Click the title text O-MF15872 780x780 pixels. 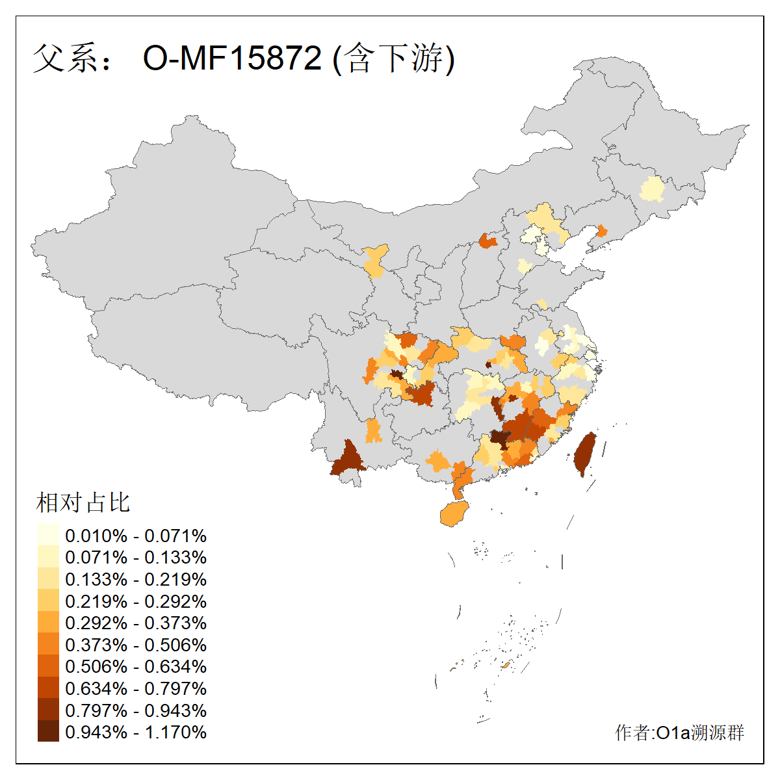tap(232, 58)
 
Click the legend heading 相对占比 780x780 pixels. tap(83, 502)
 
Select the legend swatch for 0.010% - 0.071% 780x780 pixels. tap(48, 535)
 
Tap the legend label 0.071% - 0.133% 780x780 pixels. tap(136, 557)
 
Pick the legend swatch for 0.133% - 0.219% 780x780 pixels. tap(48, 578)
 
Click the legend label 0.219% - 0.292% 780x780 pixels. tap(136, 601)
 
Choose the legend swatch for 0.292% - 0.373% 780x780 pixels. tap(48, 623)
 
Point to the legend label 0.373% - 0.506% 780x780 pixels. tap(136, 645)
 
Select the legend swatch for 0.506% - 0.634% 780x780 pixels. tap(48, 666)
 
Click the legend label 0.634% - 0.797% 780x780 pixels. tap(136, 688)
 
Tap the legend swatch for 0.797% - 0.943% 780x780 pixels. tap(48, 710)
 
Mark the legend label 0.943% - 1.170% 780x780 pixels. tap(136, 732)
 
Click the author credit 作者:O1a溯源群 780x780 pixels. tap(679, 733)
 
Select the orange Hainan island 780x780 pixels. tap(454, 513)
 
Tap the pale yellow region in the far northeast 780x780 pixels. tap(652, 189)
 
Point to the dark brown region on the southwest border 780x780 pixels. tap(347, 460)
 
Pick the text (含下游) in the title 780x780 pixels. tap(393, 58)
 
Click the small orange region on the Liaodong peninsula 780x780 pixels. tap(601, 231)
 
